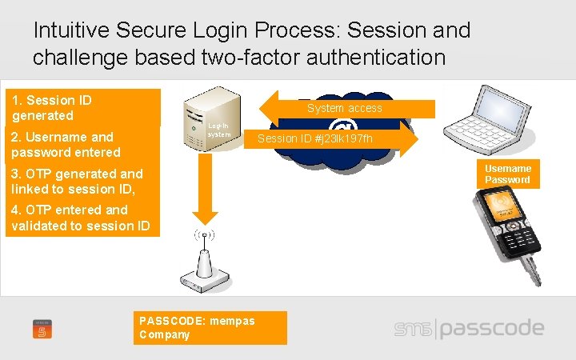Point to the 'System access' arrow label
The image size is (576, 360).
click(345, 108)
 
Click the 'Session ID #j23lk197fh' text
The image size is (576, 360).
click(315, 140)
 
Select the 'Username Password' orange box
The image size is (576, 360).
click(507, 174)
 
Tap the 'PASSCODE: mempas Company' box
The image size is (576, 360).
click(210, 327)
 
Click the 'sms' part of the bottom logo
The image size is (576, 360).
click(414, 330)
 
